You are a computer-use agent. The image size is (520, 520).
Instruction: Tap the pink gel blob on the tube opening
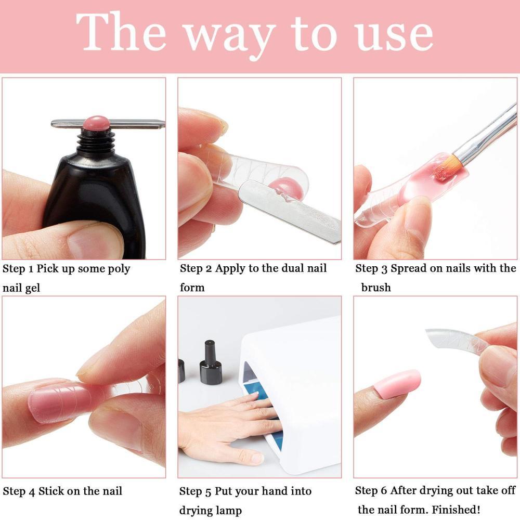(95, 124)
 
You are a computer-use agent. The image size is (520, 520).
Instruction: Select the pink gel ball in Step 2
(289, 188)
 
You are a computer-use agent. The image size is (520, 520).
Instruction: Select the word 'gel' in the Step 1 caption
(32, 288)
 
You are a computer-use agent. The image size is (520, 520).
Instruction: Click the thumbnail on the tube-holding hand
(94, 240)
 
